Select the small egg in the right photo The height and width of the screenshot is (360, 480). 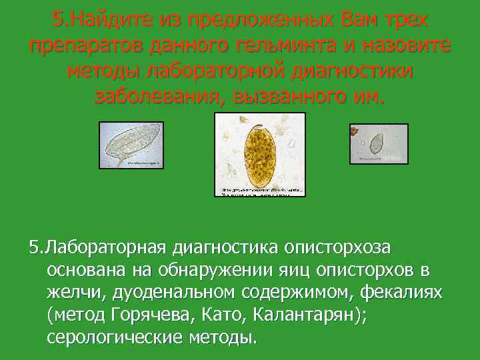click(376, 143)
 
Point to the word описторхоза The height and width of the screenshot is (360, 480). click(339, 248)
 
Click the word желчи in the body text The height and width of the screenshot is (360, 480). click(73, 293)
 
